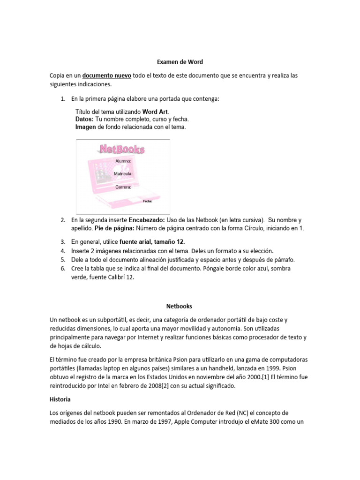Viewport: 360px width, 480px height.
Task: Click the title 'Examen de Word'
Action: (180, 61)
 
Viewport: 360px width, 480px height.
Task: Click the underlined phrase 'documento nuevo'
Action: (107, 75)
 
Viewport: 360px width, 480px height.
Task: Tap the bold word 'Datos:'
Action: (84, 120)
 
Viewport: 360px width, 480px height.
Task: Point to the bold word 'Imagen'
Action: (86, 127)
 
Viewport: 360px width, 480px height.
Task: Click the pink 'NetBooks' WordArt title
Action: (122, 149)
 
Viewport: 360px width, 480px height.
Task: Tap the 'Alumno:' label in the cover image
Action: (123, 161)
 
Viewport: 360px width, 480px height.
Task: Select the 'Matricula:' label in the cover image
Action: (123, 173)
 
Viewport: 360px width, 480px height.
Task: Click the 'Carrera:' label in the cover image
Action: (123, 187)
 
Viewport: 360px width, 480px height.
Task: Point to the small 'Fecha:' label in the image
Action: (148, 201)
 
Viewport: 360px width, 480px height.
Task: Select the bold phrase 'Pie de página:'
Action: (114, 228)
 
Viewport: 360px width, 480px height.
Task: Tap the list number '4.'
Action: (63, 251)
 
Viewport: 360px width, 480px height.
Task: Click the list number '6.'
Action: (63, 268)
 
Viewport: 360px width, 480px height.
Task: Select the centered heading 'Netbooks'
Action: (180, 306)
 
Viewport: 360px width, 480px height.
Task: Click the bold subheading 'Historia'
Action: (60, 400)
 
